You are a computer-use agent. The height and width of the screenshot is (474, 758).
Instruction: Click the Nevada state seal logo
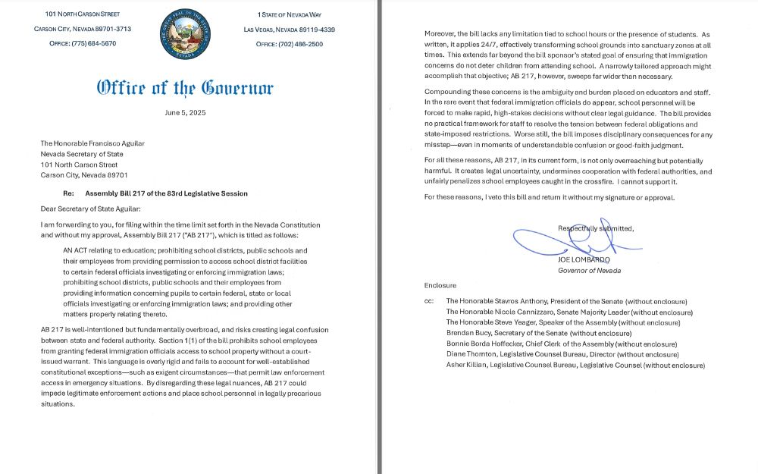pyautogui.click(x=185, y=34)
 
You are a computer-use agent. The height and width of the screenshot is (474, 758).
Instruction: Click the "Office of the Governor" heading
pyautogui.click(x=185, y=87)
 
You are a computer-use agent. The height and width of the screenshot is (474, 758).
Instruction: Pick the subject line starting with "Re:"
pyautogui.click(x=155, y=193)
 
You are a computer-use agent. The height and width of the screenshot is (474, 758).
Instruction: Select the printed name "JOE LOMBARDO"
pyautogui.click(x=584, y=260)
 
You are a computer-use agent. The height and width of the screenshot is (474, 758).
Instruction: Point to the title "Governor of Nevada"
pyautogui.click(x=589, y=271)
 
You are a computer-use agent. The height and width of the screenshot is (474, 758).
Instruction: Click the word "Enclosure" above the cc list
pyautogui.click(x=440, y=285)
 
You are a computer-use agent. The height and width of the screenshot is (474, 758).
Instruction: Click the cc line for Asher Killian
pyautogui.click(x=575, y=365)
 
